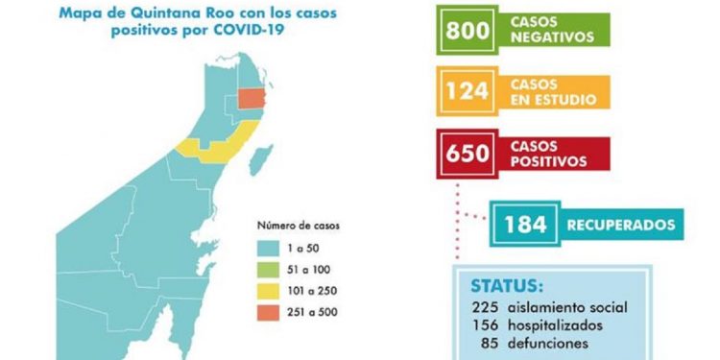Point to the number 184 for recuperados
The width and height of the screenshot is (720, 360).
pos(525,226)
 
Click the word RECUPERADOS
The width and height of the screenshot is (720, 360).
pos(618,226)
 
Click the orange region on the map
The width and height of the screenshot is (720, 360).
pos(252,99)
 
